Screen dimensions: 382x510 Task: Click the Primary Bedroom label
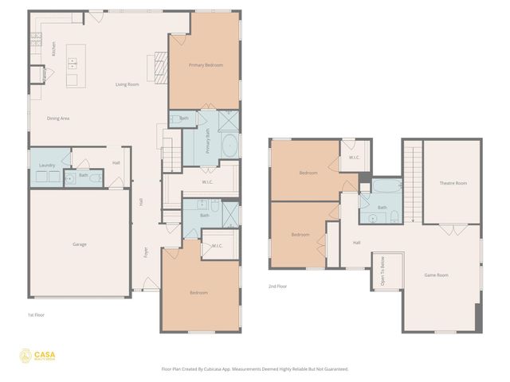tap(205, 64)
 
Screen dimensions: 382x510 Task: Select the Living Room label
tap(127, 84)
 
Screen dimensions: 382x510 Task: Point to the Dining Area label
tap(58, 118)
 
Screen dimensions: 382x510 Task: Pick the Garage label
tap(79, 244)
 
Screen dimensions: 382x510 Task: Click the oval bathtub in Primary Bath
tap(229, 146)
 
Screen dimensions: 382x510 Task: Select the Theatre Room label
tap(453, 183)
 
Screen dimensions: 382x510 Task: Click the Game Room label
tap(436, 275)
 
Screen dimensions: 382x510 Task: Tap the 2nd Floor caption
tap(277, 286)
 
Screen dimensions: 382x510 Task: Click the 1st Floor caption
tap(37, 314)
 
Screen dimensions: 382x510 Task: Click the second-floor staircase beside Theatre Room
tap(412, 183)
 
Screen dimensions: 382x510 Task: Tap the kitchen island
tap(73, 65)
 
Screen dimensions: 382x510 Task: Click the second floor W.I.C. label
tap(355, 157)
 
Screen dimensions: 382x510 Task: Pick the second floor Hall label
tap(356, 243)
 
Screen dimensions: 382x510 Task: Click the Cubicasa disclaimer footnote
tap(255, 369)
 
